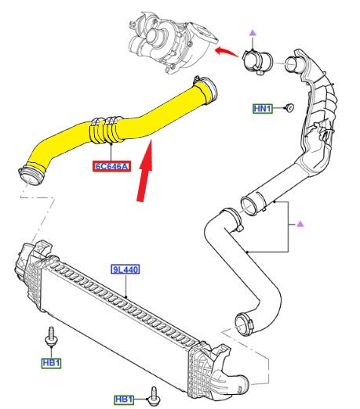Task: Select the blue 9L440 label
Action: [x=125, y=269]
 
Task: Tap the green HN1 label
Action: [x=262, y=107]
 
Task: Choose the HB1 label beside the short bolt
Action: [x=125, y=400]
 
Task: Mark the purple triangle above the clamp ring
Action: [x=253, y=31]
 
